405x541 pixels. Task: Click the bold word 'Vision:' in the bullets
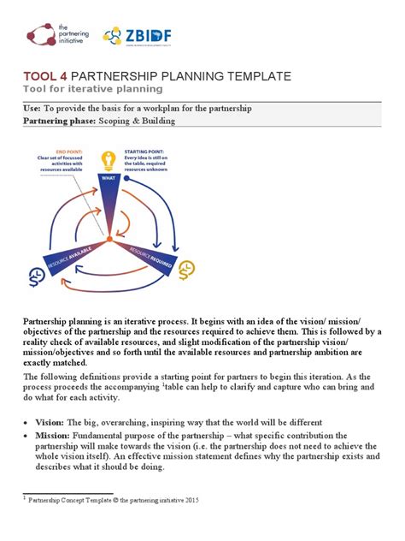pos(51,422)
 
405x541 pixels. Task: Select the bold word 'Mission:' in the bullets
pos(54,435)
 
